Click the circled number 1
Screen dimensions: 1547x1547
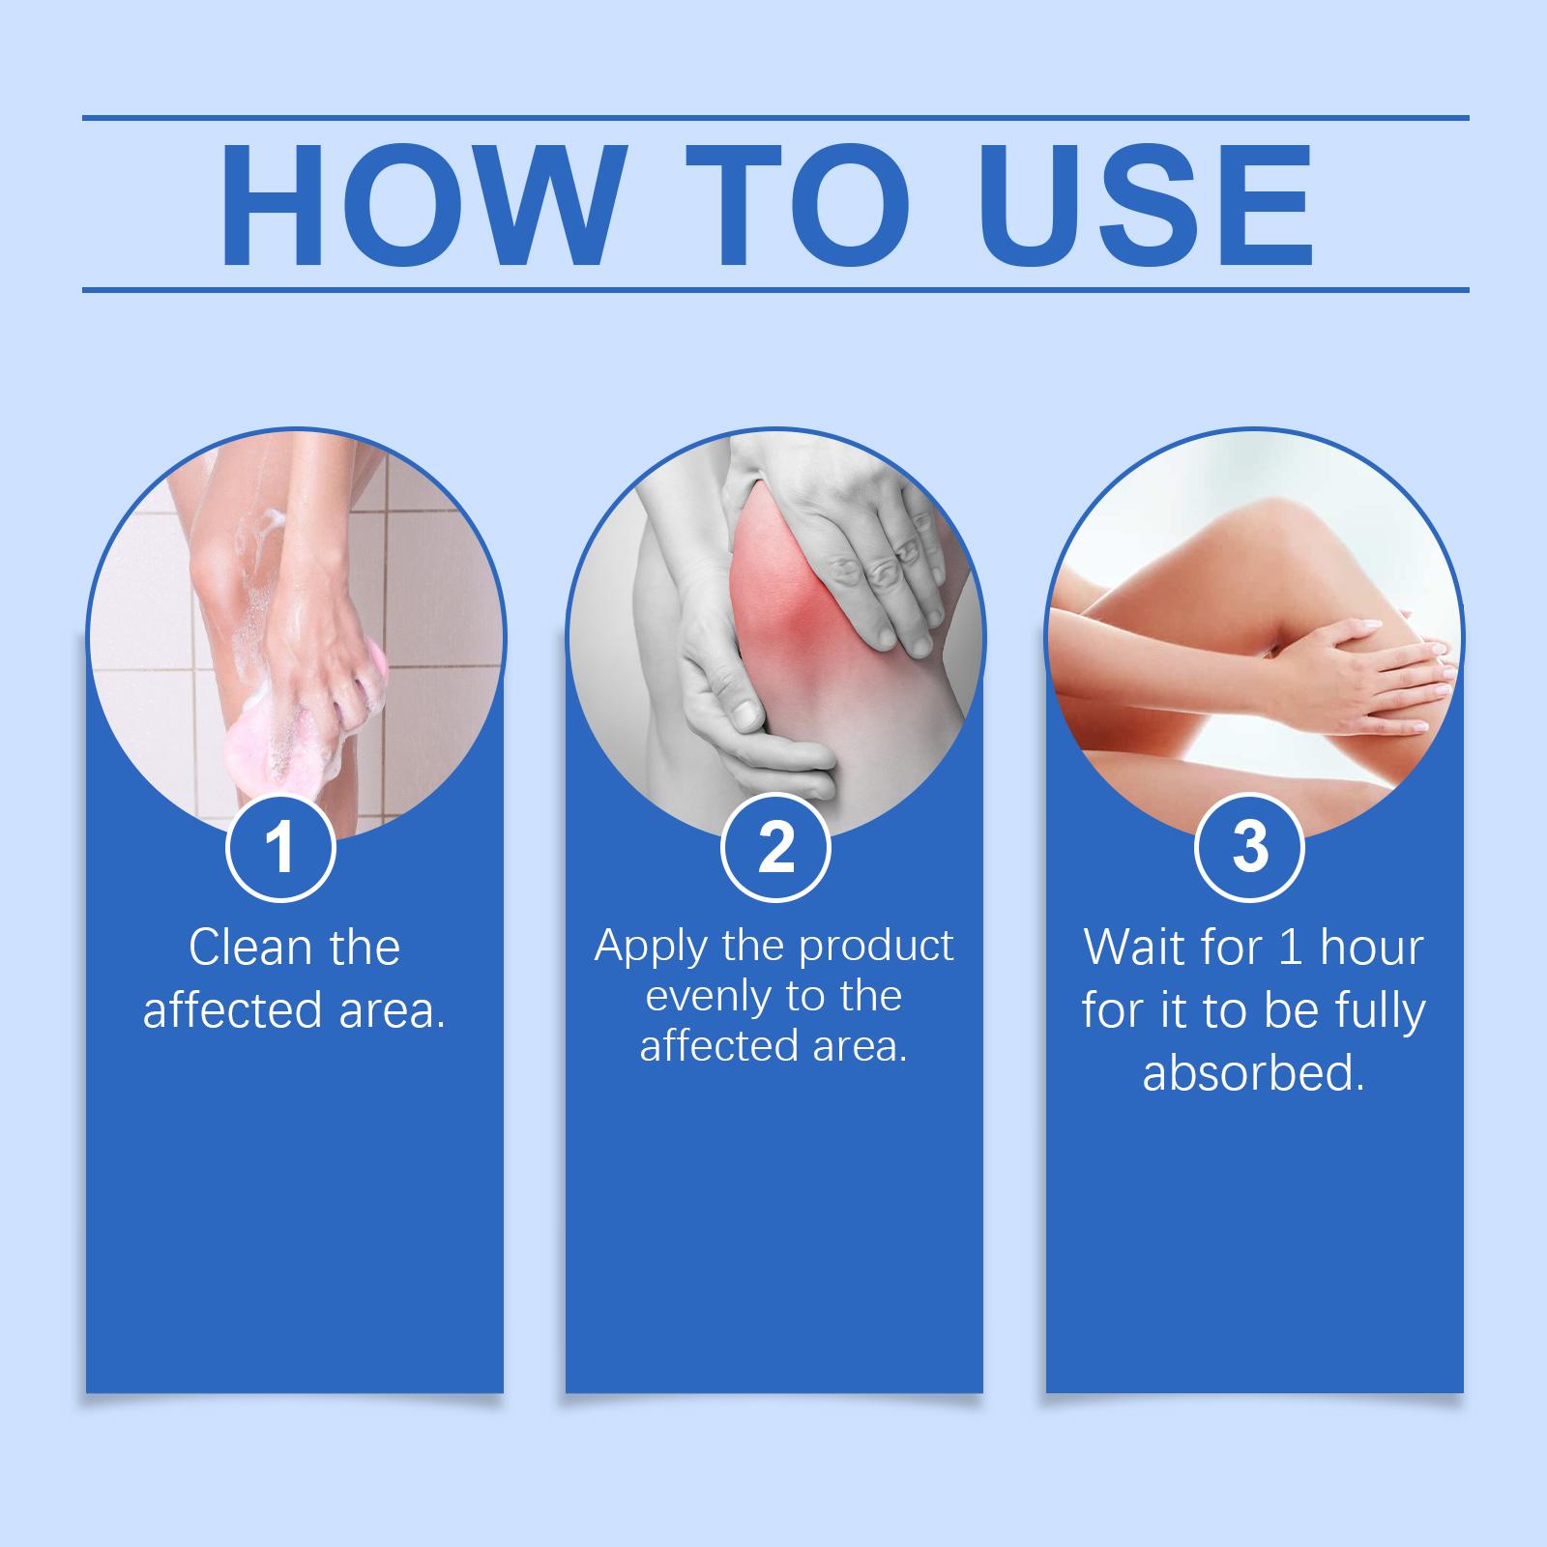280,847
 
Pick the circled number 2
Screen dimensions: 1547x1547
775,847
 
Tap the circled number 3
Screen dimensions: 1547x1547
1250,847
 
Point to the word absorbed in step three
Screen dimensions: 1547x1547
1253,1073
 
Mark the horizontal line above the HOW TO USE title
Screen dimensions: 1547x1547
775,118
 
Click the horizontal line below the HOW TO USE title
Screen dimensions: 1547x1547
775,289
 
